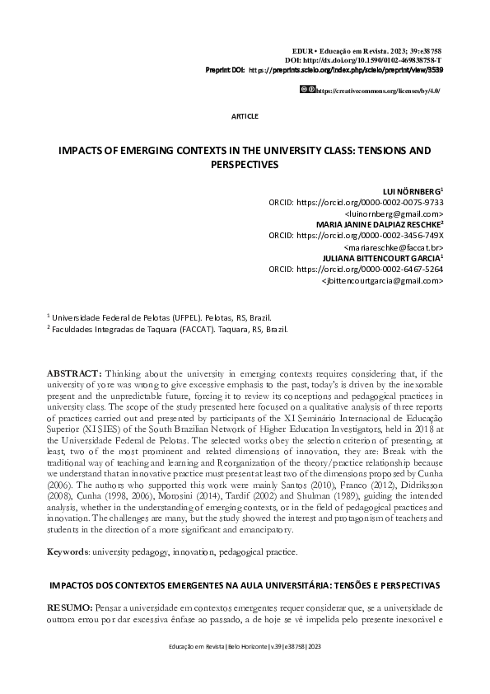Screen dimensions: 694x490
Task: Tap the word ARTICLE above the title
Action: [x=245, y=116]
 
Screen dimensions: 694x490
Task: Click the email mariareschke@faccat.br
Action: [x=393, y=246]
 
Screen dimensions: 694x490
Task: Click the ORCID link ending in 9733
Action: [x=369, y=201]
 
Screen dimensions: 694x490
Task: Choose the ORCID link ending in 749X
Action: [x=369, y=235]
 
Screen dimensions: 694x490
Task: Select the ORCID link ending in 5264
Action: [x=369, y=269]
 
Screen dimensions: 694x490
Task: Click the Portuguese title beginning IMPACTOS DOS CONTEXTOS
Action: [x=245, y=584]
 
